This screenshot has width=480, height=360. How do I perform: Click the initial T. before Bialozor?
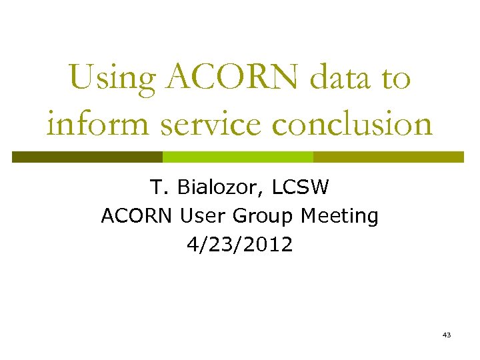(157, 187)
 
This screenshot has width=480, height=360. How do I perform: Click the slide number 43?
(446, 334)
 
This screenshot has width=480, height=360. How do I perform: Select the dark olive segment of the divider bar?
(87, 157)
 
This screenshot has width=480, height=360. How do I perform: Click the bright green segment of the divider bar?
(238, 157)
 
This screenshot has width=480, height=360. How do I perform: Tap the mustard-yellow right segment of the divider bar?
(389, 157)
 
